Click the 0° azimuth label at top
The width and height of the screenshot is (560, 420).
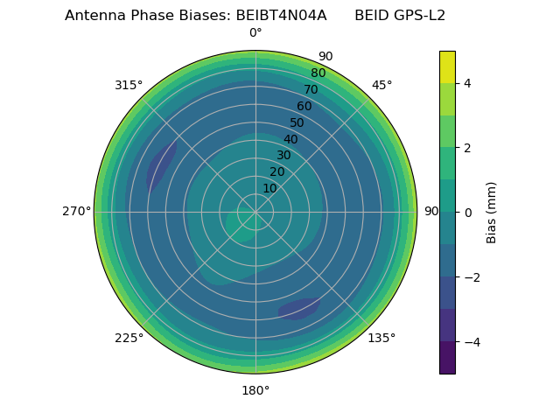255,33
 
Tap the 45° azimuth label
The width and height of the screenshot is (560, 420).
381,85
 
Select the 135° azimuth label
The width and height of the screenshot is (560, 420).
381,338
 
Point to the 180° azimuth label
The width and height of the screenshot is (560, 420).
255,390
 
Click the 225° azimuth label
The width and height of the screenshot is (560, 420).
129,338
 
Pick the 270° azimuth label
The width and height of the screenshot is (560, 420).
77,212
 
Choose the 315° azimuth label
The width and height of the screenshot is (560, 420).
129,85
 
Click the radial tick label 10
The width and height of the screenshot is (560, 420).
269,188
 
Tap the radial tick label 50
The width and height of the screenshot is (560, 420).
297,122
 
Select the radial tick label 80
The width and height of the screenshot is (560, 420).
318,73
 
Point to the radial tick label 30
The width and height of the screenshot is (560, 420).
283,156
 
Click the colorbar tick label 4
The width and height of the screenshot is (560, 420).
467,83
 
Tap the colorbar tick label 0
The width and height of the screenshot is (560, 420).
467,212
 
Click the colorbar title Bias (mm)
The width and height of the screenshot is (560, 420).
492,212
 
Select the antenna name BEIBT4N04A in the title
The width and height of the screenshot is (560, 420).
281,15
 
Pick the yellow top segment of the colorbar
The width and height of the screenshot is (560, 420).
447,66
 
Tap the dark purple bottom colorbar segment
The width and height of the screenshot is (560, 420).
447,357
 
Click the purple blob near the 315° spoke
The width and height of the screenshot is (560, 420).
161,165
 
